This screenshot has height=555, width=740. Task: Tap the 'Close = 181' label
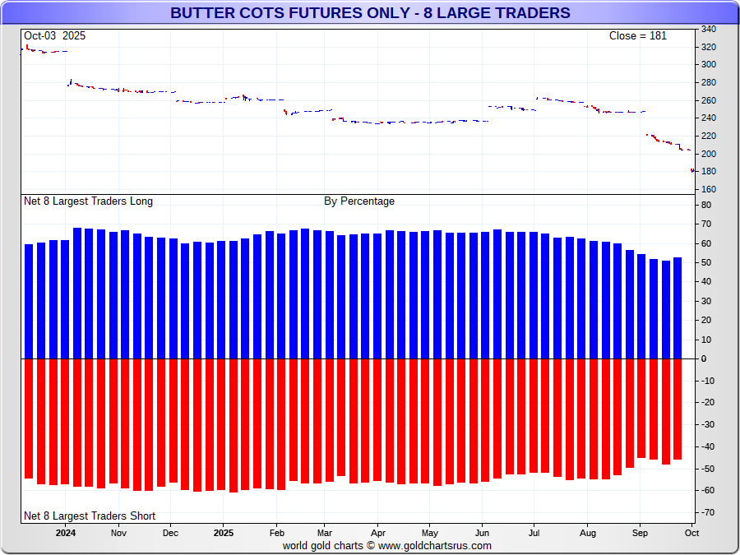(637, 36)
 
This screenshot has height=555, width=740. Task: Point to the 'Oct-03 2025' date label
(54, 36)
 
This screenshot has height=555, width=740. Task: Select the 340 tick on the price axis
(708, 29)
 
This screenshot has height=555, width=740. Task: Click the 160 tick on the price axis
(708, 190)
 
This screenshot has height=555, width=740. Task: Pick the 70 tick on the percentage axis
(705, 224)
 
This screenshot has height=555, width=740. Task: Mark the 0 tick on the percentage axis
(703, 359)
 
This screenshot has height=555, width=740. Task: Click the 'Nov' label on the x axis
(118, 532)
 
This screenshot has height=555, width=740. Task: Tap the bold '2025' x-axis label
(224, 532)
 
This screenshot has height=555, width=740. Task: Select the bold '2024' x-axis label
(66, 532)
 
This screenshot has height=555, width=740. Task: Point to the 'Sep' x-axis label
(640, 532)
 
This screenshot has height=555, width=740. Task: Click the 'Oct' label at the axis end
(691, 532)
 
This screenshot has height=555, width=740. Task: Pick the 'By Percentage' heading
(359, 201)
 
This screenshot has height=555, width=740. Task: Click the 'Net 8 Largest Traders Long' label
(88, 201)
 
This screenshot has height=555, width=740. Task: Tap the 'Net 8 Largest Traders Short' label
(90, 516)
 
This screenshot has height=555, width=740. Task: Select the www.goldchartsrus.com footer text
(387, 545)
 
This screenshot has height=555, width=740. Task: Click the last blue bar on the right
(678, 308)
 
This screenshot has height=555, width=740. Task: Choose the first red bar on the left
(29, 419)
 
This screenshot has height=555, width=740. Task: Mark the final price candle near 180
(692, 170)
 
